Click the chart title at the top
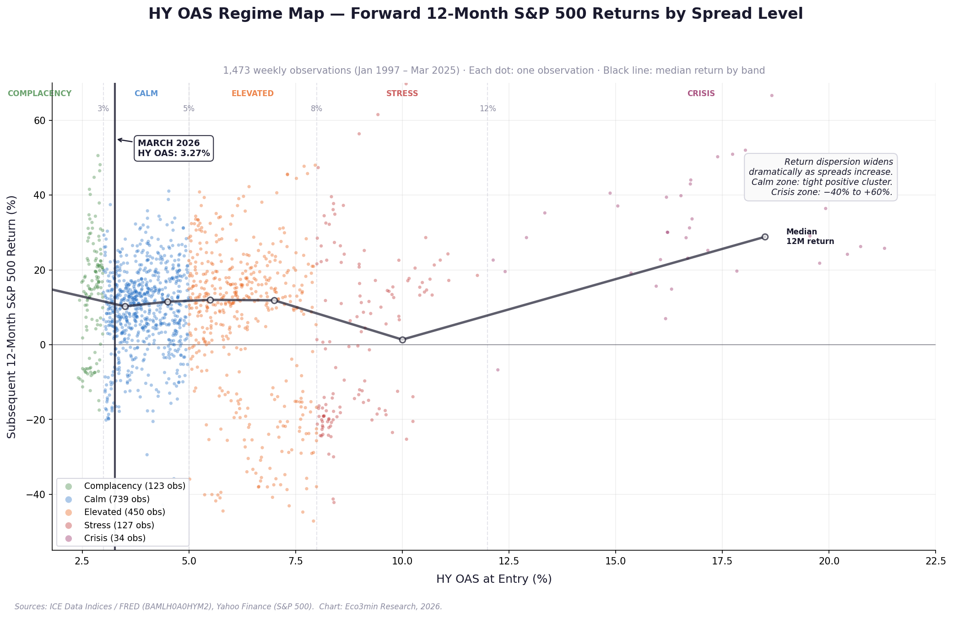476,14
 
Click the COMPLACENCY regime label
40,94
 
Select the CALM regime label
146,94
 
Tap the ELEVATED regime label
253,94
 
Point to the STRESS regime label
402,94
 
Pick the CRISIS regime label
701,94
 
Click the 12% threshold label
487,109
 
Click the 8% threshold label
316,109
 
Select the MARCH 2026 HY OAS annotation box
173,148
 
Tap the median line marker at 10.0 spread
402,340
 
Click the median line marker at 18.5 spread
765,237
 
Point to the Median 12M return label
810,237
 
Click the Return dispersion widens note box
820,177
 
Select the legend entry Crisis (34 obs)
115,538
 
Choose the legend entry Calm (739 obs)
117,499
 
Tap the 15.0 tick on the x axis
615,561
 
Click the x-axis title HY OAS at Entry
494,579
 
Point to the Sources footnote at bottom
228,607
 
